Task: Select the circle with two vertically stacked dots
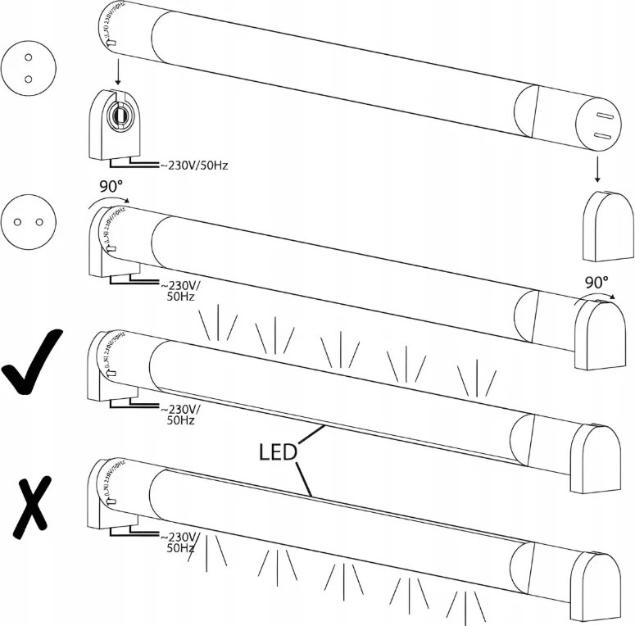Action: pos(27,68)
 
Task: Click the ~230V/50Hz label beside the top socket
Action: pos(190,166)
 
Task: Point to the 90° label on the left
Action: pos(111,187)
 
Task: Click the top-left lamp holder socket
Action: pos(114,122)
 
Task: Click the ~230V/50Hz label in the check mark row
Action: pos(180,414)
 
